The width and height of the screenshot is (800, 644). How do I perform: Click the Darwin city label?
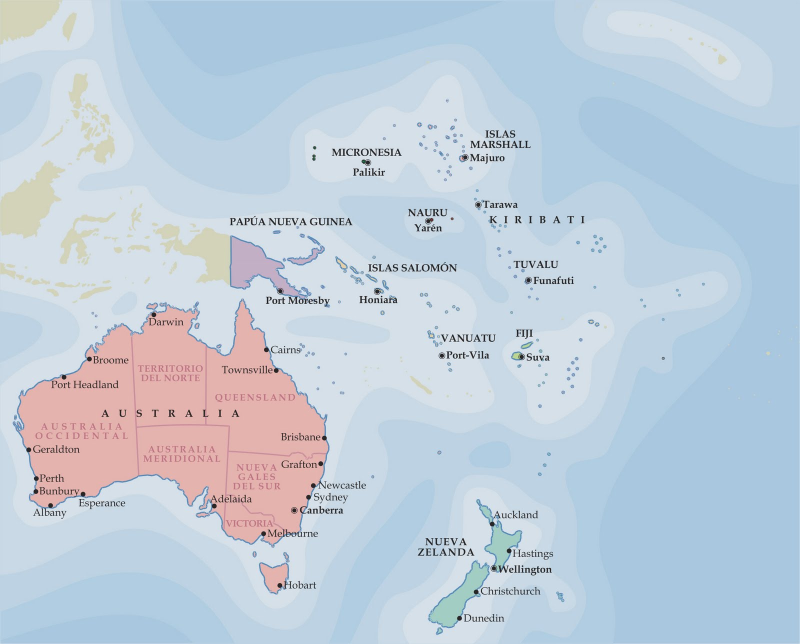(x=166, y=322)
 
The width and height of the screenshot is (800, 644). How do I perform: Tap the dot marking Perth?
(x=36, y=478)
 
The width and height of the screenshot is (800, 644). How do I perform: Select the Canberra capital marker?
(x=294, y=510)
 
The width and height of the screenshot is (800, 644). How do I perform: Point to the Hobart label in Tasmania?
(x=300, y=585)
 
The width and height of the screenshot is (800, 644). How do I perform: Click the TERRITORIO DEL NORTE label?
(x=170, y=373)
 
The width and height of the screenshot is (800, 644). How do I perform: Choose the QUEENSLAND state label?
(x=255, y=397)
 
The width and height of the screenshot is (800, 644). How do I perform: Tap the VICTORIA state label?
(x=249, y=523)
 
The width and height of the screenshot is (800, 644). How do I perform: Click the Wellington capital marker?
(x=494, y=568)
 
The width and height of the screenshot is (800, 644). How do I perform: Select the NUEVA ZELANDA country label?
(x=446, y=547)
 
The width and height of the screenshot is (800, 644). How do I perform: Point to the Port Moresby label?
(x=297, y=300)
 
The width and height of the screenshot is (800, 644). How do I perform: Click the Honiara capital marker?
(x=377, y=291)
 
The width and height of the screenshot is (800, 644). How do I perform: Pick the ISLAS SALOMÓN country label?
(x=412, y=268)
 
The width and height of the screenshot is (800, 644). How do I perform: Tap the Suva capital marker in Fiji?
(x=521, y=357)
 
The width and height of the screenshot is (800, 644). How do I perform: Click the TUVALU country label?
(x=535, y=264)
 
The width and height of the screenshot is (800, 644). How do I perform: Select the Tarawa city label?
(x=500, y=204)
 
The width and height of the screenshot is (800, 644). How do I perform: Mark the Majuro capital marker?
(x=465, y=157)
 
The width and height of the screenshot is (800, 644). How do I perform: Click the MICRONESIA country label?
(x=366, y=152)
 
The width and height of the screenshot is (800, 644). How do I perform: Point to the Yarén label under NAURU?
(x=428, y=228)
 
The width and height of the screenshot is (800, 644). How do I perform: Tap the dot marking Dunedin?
(x=459, y=618)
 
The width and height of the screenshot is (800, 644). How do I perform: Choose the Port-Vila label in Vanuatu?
(x=467, y=355)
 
